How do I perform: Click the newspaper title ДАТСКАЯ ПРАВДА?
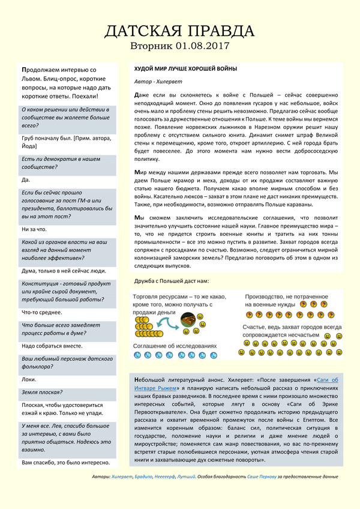point(179,31)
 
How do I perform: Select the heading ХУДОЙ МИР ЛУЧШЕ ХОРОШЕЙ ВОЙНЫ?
point(185,68)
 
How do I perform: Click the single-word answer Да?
point(25,179)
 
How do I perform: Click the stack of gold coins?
point(145,325)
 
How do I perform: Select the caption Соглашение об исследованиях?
point(175,346)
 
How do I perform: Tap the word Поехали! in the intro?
point(83,95)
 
